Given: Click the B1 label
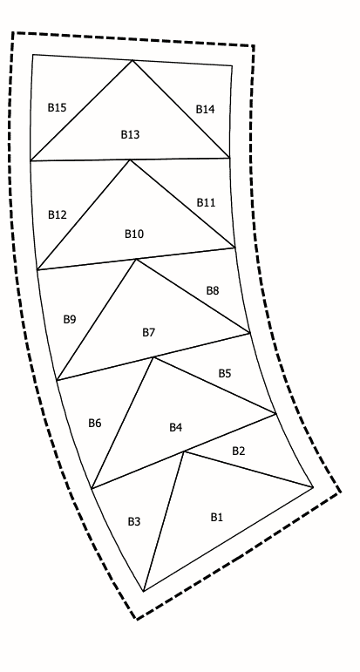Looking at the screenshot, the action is click(216, 517).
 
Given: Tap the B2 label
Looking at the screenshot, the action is click(238, 451).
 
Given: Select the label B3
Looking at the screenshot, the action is click(134, 521).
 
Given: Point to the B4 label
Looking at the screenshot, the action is click(176, 427).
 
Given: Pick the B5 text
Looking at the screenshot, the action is click(225, 373).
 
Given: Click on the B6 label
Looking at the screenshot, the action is click(95, 423).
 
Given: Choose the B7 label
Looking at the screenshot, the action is click(149, 332).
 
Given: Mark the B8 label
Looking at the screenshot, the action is click(213, 290).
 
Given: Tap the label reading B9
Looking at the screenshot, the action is click(70, 319).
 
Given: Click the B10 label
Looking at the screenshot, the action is click(134, 234).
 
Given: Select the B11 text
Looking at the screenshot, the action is click(206, 202).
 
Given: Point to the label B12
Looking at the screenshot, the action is click(58, 214).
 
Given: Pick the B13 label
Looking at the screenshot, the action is click(130, 134).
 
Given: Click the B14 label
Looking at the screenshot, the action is click(206, 109).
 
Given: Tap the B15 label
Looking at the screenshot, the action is click(57, 107).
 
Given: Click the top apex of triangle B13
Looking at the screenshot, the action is click(132, 60).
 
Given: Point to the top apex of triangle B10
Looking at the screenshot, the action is click(130, 160).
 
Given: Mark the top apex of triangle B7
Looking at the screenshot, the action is click(136, 259).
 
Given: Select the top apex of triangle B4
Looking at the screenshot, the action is click(153, 357).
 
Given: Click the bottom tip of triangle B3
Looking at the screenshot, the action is click(144, 591).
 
